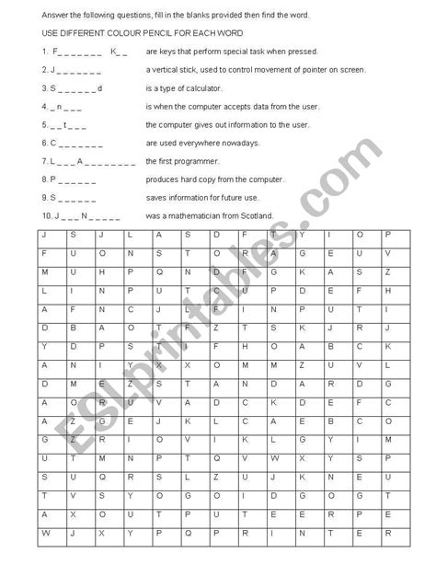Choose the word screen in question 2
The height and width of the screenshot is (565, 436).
pyautogui.click(x=350, y=70)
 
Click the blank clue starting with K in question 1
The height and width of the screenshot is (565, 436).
pyautogui.click(x=119, y=52)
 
